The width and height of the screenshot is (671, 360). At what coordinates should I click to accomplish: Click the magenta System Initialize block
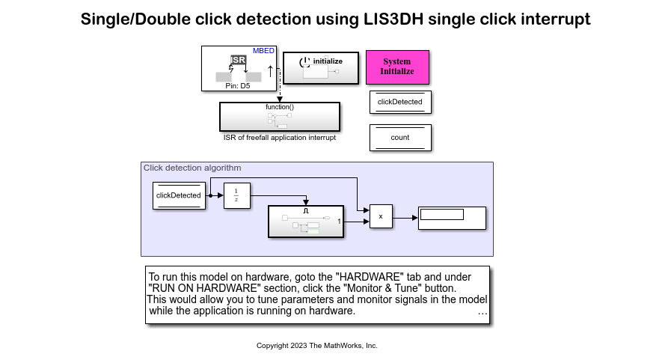click(397, 67)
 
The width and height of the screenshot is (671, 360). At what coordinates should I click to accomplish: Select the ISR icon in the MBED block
click(238, 60)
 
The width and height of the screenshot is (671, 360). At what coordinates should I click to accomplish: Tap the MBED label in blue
click(263, 51)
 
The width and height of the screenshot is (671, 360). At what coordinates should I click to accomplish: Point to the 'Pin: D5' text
click(239, 86)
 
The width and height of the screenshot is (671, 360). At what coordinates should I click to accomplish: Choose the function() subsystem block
click(279, 117)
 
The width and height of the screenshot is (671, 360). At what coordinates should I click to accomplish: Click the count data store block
click(400, 138)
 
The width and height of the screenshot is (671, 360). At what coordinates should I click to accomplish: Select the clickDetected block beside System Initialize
click(400, 102)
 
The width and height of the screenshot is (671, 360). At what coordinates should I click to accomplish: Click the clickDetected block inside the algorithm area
click(179, 195)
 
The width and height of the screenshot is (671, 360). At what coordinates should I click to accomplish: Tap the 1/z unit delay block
click(236, 195)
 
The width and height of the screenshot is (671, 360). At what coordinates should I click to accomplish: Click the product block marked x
click(381, 217)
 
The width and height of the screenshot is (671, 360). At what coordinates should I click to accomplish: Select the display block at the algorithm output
click(453, 218)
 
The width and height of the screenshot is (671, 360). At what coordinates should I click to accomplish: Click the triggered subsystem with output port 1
click(306, 222)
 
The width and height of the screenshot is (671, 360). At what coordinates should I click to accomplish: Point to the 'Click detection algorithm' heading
click(192, 168)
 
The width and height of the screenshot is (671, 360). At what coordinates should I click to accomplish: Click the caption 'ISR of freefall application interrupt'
click(279, 138)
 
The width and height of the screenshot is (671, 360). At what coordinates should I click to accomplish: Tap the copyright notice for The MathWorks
click(317, 346)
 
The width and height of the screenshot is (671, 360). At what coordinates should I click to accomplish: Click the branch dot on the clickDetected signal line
click(210, 195)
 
